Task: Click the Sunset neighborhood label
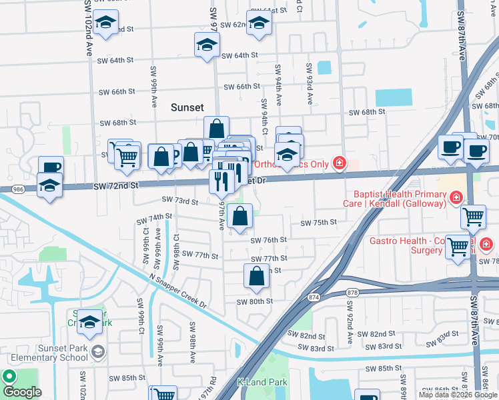tap(187, 107)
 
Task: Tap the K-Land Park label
tap(262, 383)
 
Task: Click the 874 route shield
tap(313, 296)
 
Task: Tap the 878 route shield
tap(353, 292)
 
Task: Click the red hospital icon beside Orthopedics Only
tap(340, 163)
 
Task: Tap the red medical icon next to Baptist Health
tap(456, 197)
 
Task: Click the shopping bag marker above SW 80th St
tap(257, 276)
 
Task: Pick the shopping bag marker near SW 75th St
tap(239, 216)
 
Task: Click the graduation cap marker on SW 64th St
tap(207, 45)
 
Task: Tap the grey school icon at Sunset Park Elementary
tap(98, 351)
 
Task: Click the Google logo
tap(22, 392)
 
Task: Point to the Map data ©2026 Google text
tap(458, 395)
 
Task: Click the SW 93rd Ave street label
tap(310, 84)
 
